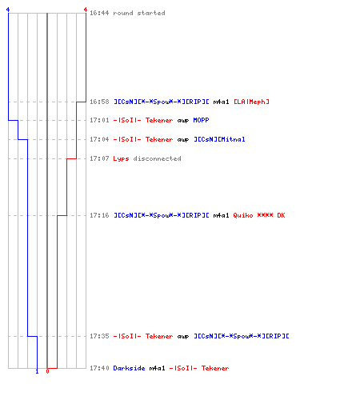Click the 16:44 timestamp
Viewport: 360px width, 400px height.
pos(99,13)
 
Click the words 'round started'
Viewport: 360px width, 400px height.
pos(139,13)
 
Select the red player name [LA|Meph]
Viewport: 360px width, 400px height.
pos(251,102)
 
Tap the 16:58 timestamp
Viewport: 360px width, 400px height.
pos(99,102)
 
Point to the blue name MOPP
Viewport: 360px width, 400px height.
pos(201,120)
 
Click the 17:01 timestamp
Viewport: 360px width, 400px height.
pos(99,120)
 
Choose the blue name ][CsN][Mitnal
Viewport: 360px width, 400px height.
pos(219,139)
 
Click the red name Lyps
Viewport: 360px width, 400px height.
pos(121,158)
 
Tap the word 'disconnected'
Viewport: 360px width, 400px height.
pos(157,158)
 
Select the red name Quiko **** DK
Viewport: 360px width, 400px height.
pos(259,215)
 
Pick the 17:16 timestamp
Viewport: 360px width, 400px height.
pos(99,215)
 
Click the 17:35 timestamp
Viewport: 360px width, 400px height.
pos(99,336)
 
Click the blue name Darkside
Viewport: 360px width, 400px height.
pos(129,368)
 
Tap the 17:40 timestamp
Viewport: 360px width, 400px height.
pos(99,368)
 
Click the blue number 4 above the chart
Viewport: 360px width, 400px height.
pos(8,10)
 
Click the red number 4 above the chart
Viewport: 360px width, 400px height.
pos(86,10)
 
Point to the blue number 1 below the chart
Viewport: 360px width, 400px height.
pos(37,371)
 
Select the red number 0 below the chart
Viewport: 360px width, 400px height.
pos(47,371)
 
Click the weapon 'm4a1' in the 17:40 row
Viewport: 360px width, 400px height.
pos(157,368)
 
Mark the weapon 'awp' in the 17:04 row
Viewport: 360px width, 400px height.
pos(183,139)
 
